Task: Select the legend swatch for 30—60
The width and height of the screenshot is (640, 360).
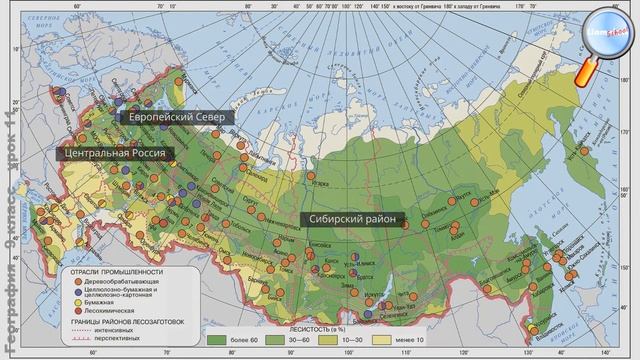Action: tap(276, 341)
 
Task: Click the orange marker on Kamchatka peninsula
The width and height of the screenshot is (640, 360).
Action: tap(585, 151)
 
